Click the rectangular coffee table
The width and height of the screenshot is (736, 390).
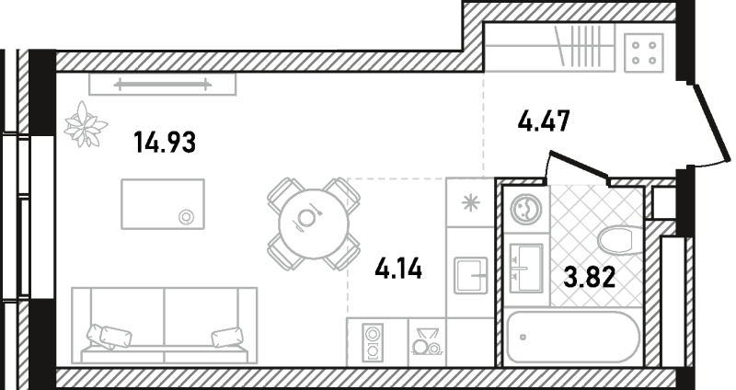[x=162, y=204]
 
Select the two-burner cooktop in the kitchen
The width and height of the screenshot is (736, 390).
[x=372, y=342]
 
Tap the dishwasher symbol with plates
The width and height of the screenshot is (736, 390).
[x=424, y=342]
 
